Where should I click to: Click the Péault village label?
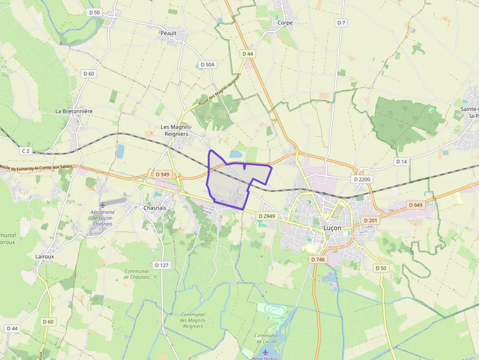pyautogui.click(x=168, y=33)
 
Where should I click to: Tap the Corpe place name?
pyautogui.click(x=285, y=22)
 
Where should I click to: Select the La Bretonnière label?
pyautogui.click(x=74, y=111)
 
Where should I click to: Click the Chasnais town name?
pyautogui.click(x=155, y=208)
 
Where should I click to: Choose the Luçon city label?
pyautogui.click(x=332, y=228)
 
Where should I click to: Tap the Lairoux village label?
pyautogui.click(x=45, y=256)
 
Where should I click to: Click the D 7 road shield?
pyautogui.click(x=341, y=23)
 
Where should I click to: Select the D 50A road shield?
pyautogui.click(x=207, y=64)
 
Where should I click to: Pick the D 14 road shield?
pyautogui.click(x=401, y=161)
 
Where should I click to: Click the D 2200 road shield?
pyautogui.click(x=362, y=179)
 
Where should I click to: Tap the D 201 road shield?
pyautogui.click(x=371, y=221)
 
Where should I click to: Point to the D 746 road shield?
pyautogui.click(x=318, y=259)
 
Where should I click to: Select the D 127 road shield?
pyautogui.click(x=161, y=265)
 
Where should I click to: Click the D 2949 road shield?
pyautogui.click(x=267, y=216)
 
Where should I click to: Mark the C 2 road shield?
pyautogui.click(x=26, y=151)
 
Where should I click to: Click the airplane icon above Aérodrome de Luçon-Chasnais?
pyautogui.click(x=103, y=205)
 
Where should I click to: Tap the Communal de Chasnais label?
pyautogui.click(x=136, y=274)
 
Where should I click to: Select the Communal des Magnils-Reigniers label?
pyautogui.click(x=193, y=320)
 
